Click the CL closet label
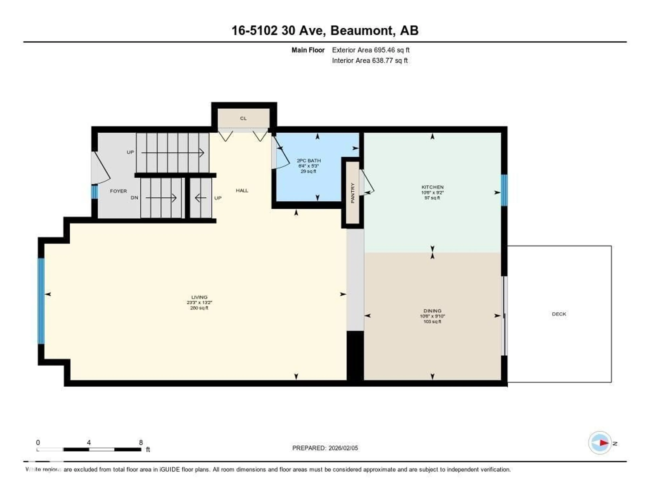point(243,118)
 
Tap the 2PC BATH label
point(309,160)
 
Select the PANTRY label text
point(353,193)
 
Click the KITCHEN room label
point(432,187)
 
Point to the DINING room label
point(432,311)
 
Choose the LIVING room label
point(199,297)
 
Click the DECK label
point(559,314)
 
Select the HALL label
point(242,190)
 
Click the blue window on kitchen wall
point(504,190)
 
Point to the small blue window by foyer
point(94,192)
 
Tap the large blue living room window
point(41,301)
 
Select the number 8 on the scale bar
point(141,442)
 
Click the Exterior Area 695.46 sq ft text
point(371,50)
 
